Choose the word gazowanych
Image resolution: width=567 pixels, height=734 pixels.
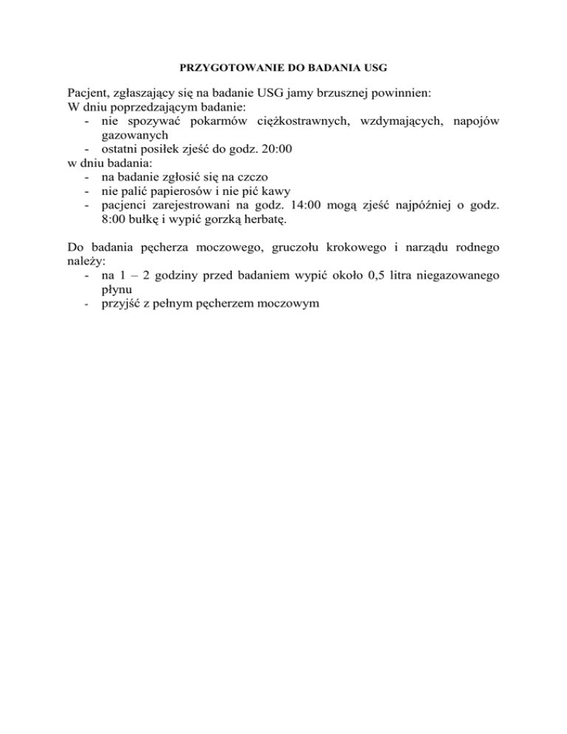coord(137,135)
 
